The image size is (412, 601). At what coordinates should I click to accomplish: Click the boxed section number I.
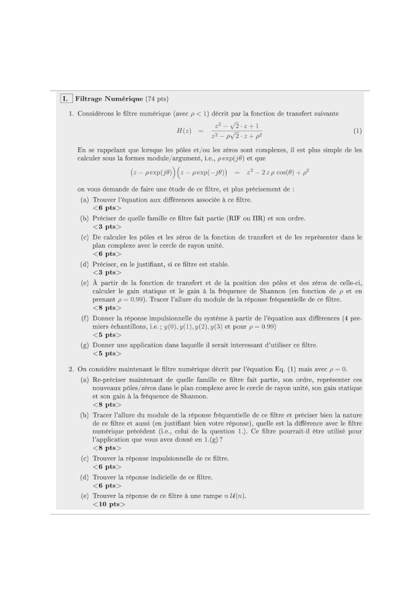[65, 99]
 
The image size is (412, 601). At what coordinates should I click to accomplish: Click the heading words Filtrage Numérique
[109, 99]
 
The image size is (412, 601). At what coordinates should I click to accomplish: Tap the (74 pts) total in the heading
[157, 99]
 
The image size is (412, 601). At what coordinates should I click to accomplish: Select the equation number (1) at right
[357, 131]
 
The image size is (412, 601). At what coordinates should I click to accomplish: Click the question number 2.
[71, 369]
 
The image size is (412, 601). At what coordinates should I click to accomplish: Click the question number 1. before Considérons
[71, 114]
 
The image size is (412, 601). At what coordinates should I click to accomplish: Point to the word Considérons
[96, 114]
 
